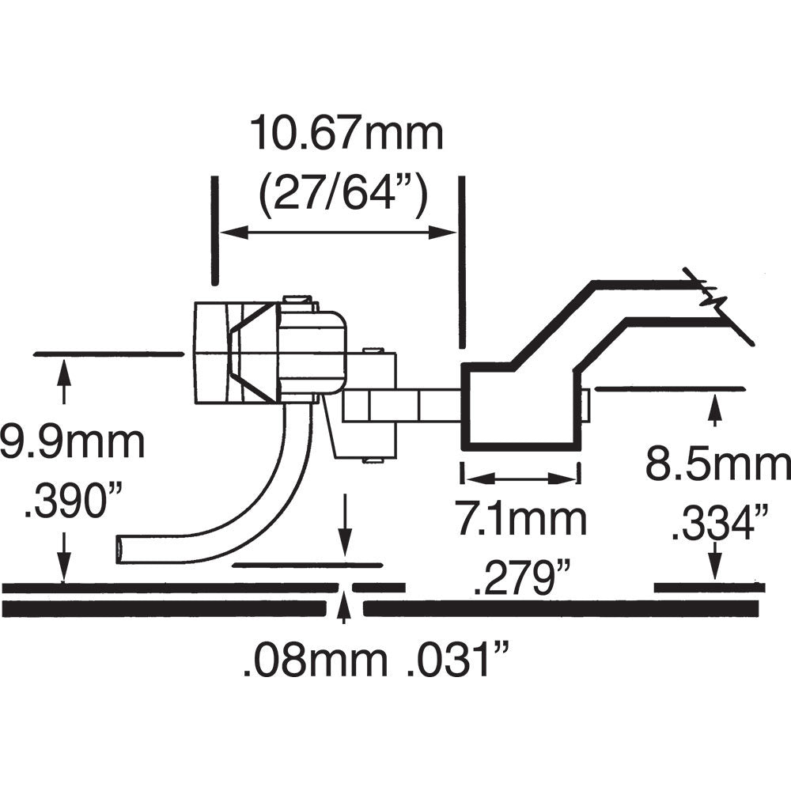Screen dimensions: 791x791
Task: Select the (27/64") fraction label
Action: (x=344, y=191)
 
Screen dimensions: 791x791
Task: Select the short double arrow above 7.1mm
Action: (x=520, y=478)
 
